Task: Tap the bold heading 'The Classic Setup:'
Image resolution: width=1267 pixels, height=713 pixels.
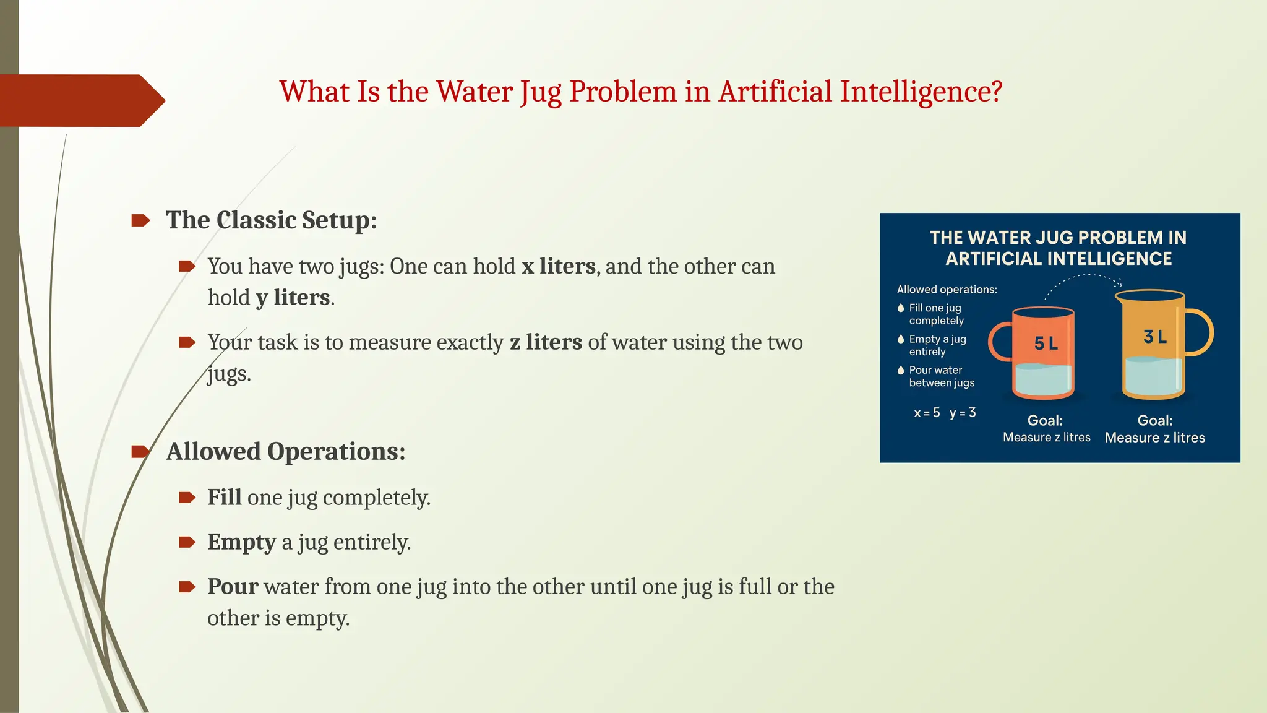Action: click(x=271, y=220)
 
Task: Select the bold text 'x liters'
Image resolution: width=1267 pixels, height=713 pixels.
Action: click(x=558, y=266)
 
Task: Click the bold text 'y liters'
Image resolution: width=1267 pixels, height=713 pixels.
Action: click(x=293, y=298)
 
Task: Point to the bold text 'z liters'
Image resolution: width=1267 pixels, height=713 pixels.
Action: click(x=546, y=342)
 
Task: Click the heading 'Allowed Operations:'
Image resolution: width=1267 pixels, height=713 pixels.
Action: click(x=285, y=452)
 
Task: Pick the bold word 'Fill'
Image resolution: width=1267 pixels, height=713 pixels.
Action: click(x=224, y=498)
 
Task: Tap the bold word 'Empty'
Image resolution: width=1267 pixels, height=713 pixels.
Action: click(x=241, y=542)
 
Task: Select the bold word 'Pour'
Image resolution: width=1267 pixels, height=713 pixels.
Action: click(x=233, y=587)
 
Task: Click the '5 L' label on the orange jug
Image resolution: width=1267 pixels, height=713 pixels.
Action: click(x=1046, y=344)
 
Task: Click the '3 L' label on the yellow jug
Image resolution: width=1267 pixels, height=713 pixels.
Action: click(x=1154, y=337)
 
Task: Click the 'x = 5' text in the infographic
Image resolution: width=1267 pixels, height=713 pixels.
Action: click(x=927, y=413)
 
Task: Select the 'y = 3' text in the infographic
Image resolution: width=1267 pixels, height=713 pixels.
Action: click(x=963, y=413)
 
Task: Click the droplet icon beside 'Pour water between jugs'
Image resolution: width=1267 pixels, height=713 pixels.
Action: click(x=901, y=370)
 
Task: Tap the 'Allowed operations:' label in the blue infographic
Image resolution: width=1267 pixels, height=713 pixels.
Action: click(x=947, y=289)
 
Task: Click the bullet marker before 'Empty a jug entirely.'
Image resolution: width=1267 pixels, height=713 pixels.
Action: click(x=187, y=543)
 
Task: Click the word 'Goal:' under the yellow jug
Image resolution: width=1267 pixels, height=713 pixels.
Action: click(x=1154, y=421)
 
